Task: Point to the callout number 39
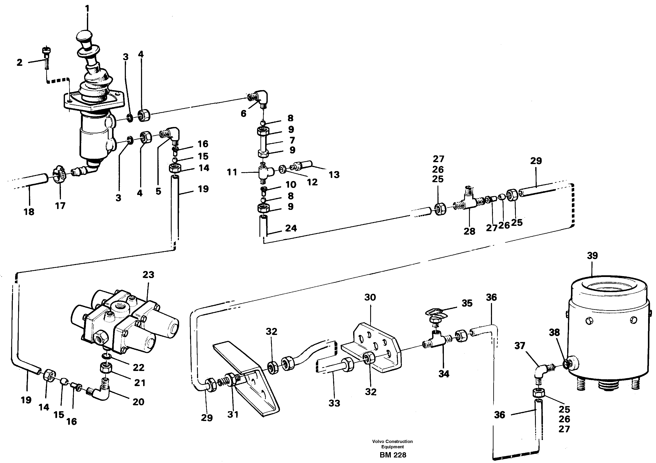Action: click(592, 255)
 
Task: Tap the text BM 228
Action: click(393, 455)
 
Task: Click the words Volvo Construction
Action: click(392, 441)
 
